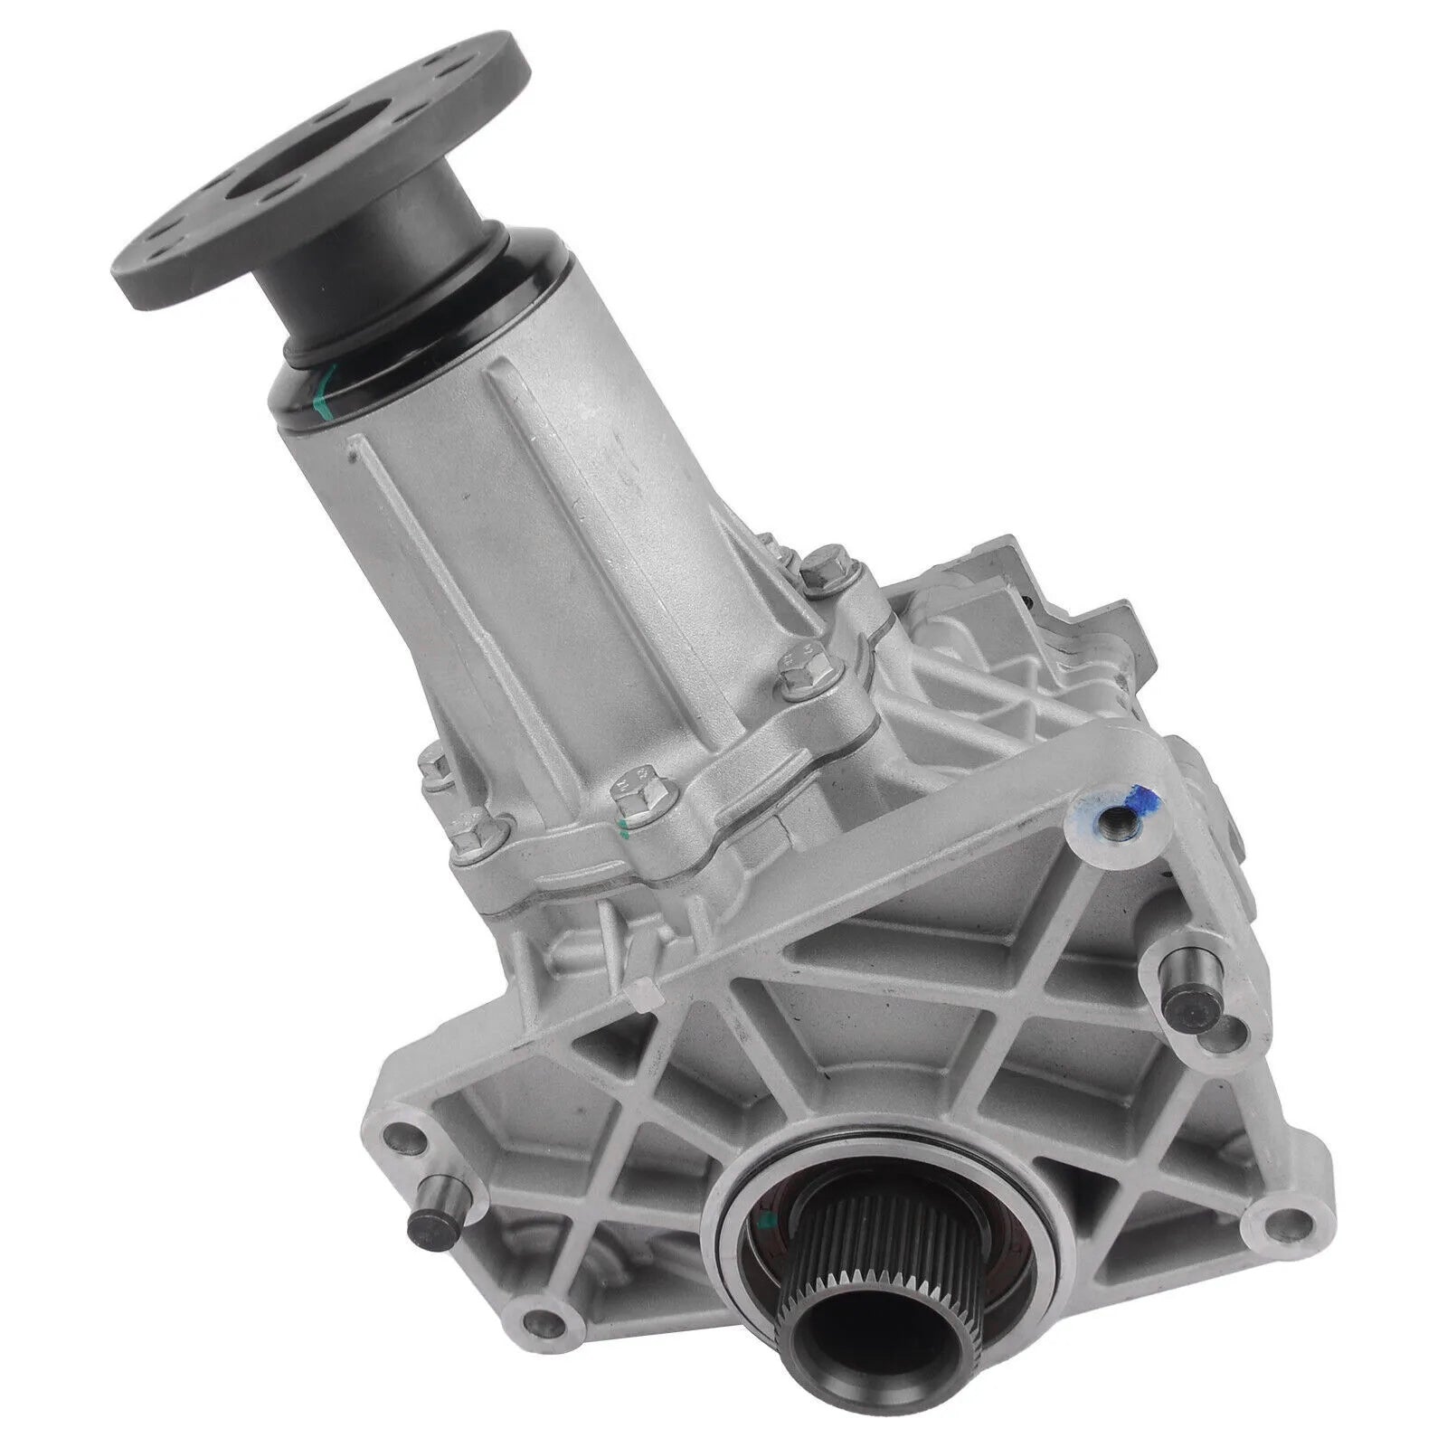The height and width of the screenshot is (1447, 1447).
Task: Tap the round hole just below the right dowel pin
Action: point(1222,1049)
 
